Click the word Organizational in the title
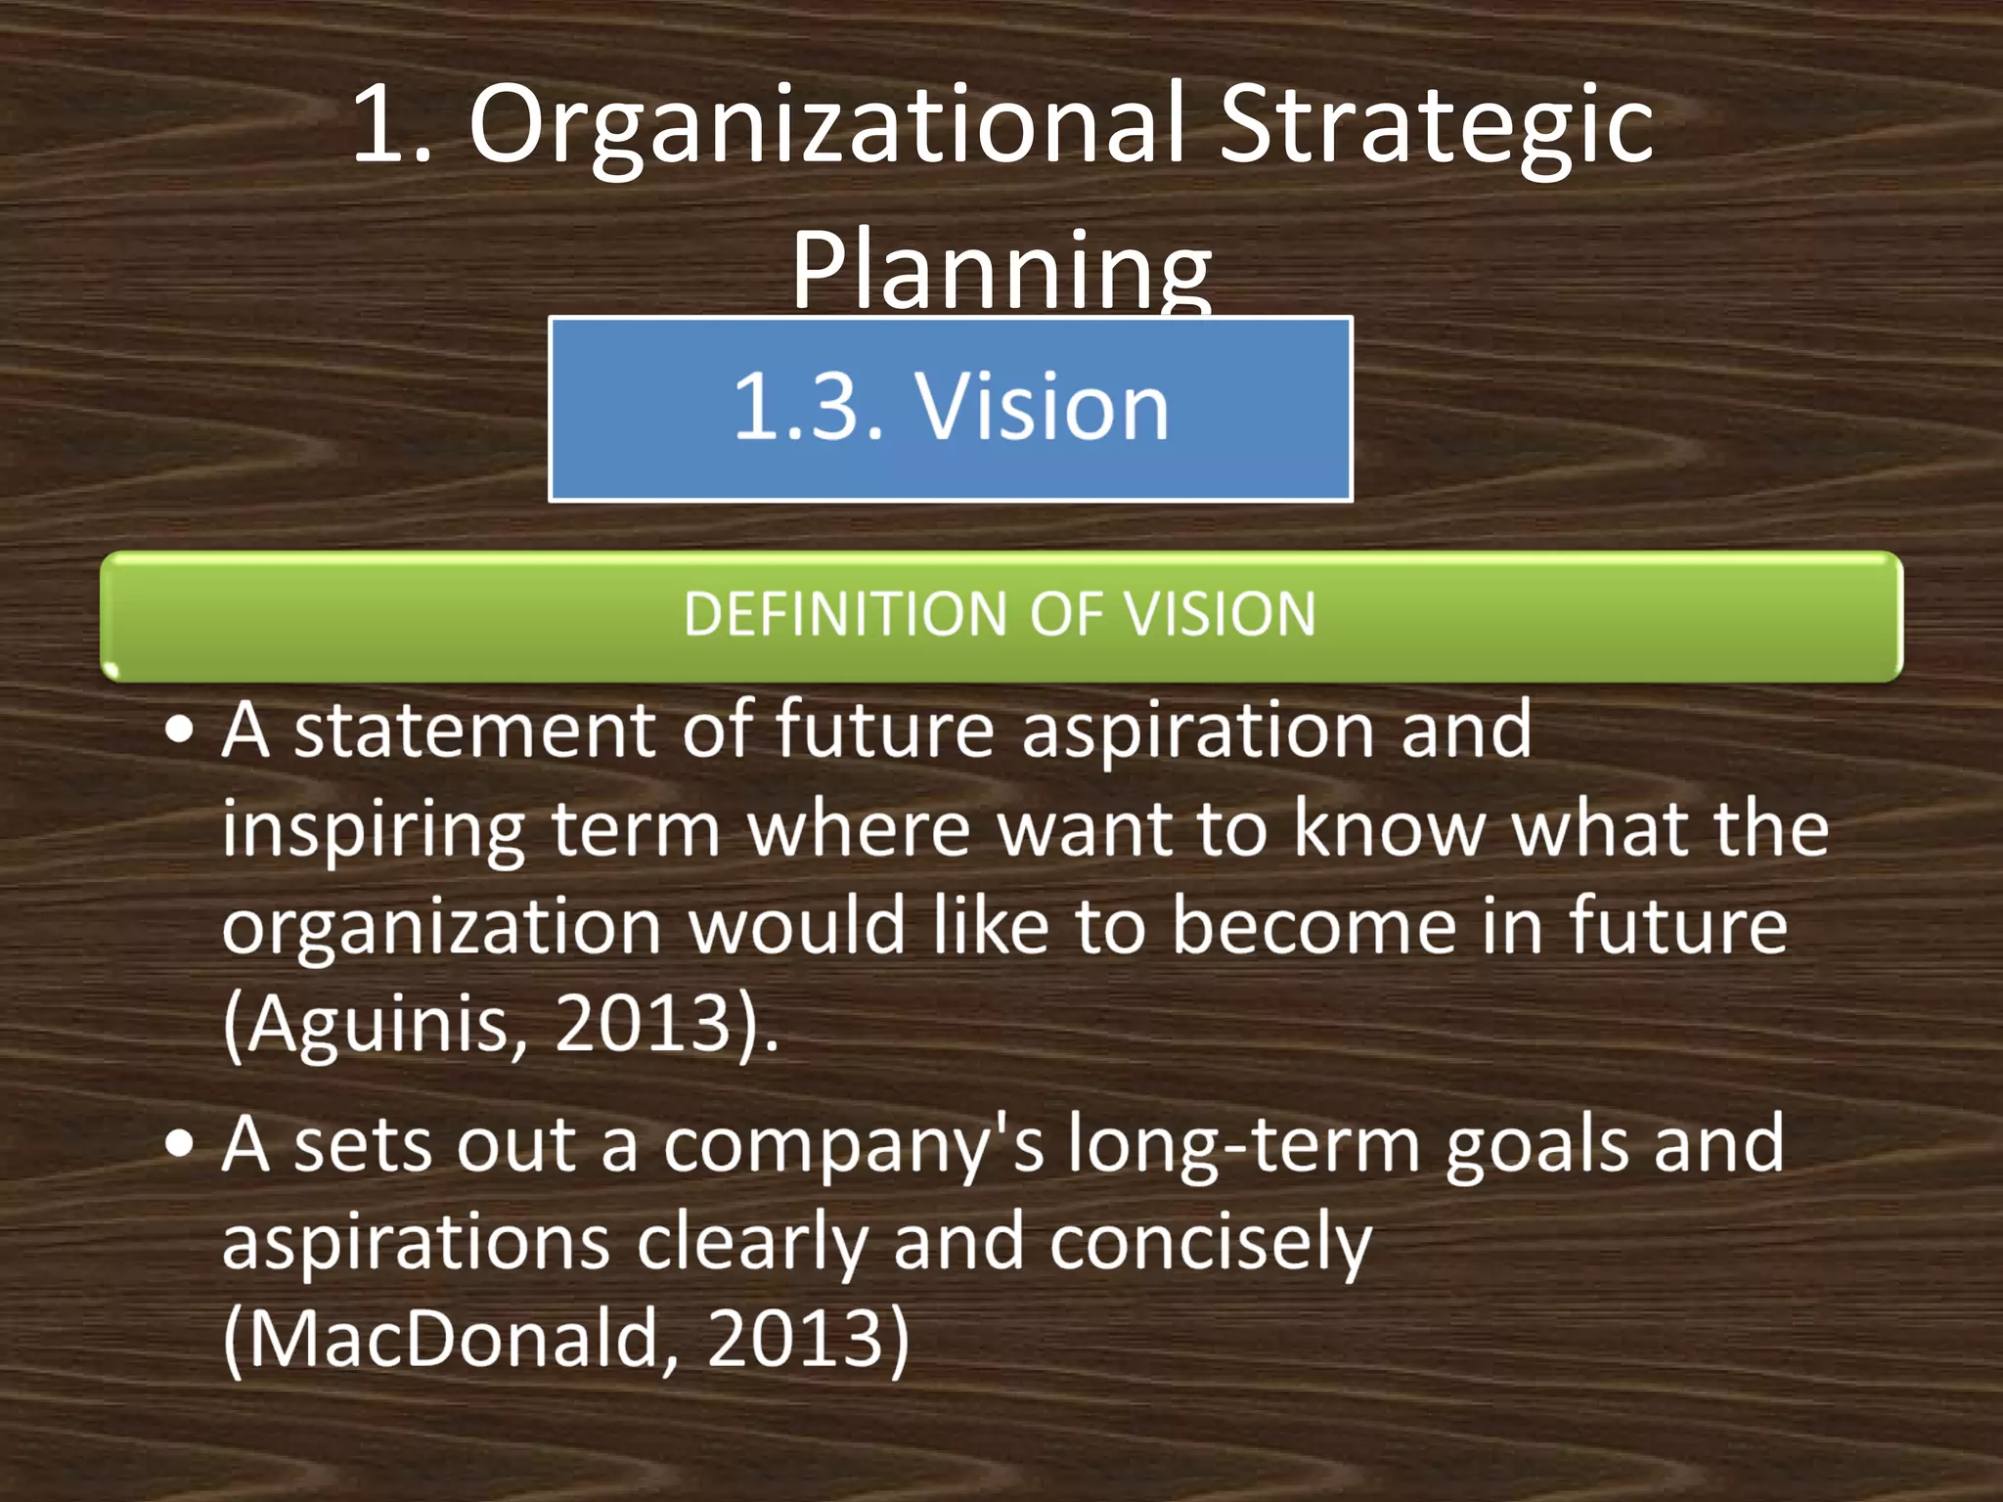(827, 127)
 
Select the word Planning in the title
(1001, 270)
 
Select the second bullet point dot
(180, 1144)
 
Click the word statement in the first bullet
(475, 731)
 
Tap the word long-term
(1243, 1146)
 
